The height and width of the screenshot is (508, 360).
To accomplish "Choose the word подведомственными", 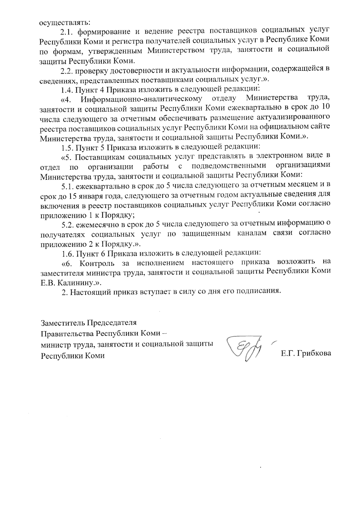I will [x=229, y=166].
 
